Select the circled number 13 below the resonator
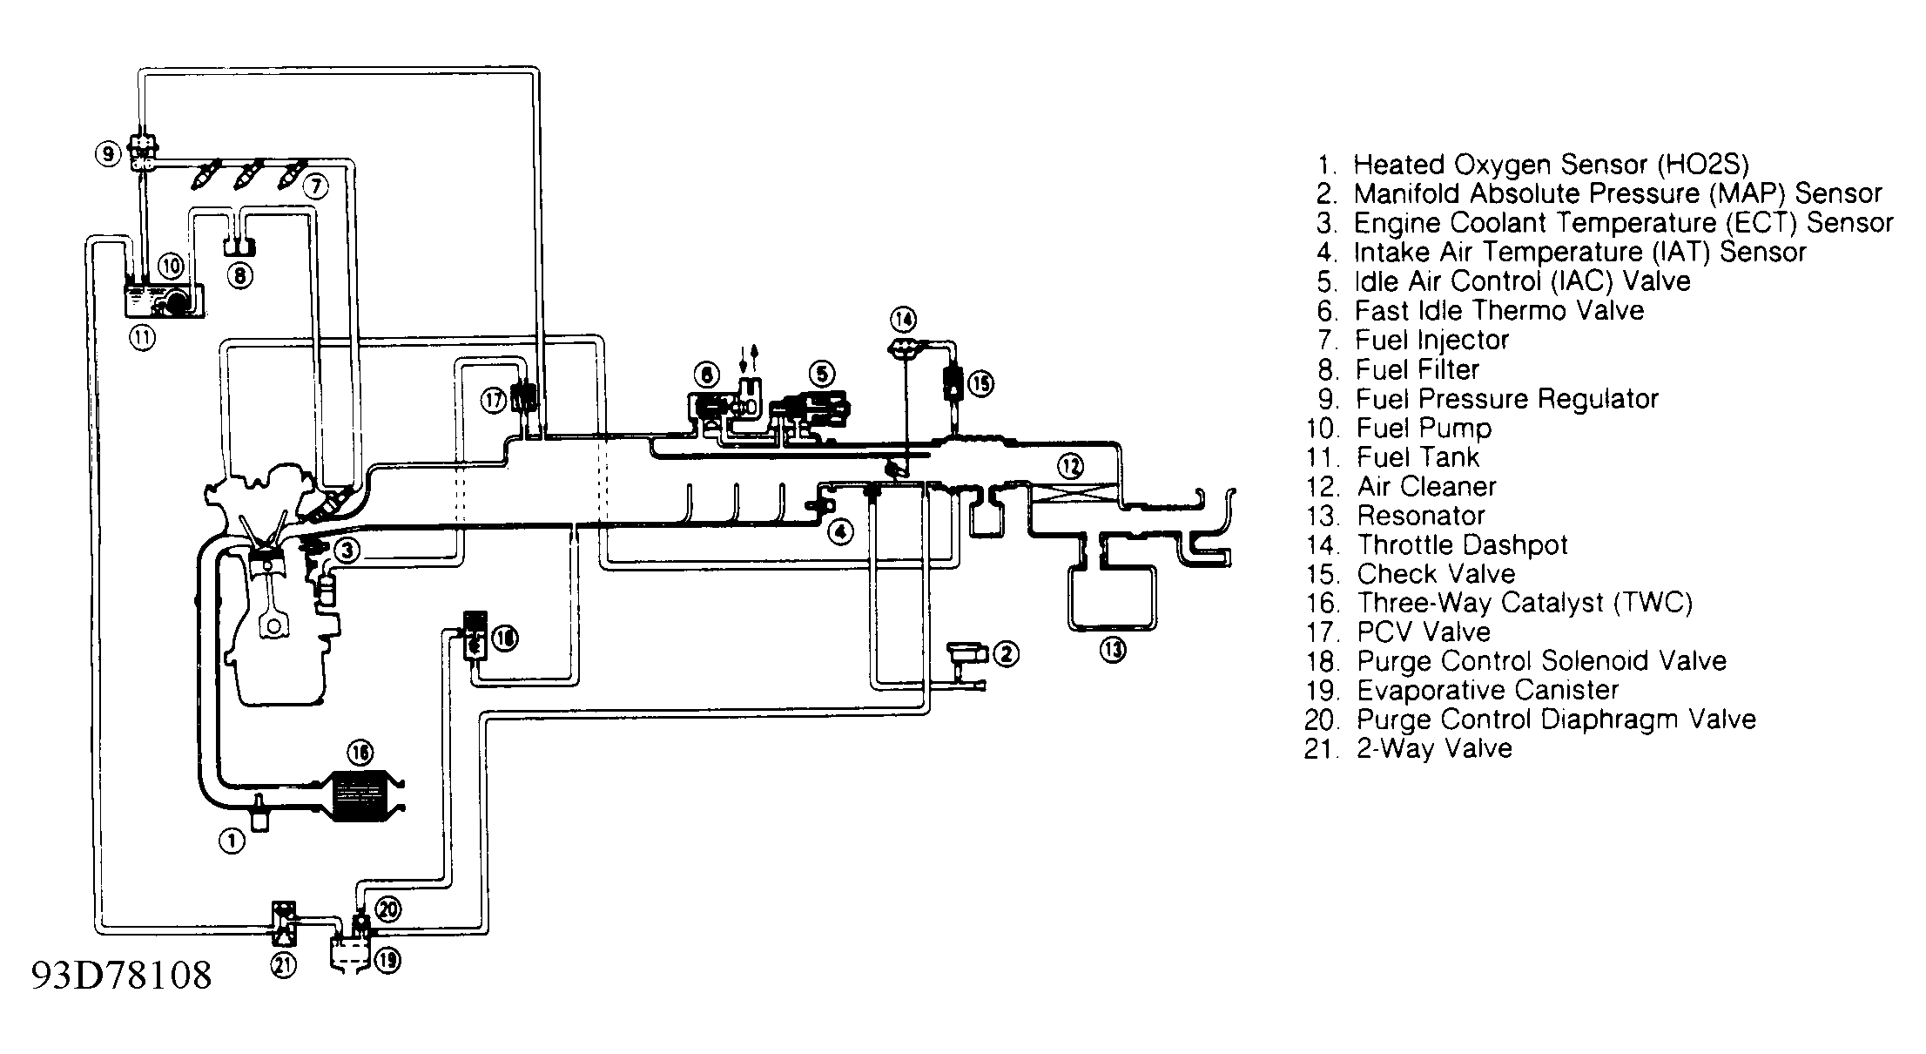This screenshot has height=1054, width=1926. (1113, 649)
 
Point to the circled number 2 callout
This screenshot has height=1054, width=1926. (1006, 653)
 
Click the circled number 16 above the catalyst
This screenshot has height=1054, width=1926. (360, 752)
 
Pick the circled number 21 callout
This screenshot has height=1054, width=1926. (284, 964)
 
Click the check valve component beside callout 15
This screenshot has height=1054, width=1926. (954, 382)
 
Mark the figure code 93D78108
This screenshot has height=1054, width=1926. (122, 976)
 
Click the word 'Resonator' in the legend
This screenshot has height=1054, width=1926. (1421, 516)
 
